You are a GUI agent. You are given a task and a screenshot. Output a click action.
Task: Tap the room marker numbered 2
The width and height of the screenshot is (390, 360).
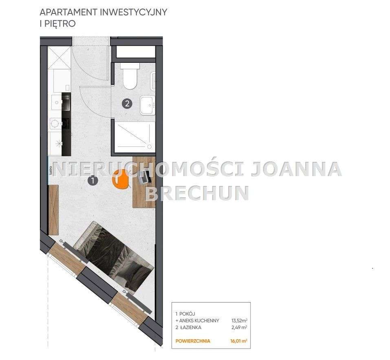[128, 104]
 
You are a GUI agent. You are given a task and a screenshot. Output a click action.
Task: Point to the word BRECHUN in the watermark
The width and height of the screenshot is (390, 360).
[197, 193]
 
